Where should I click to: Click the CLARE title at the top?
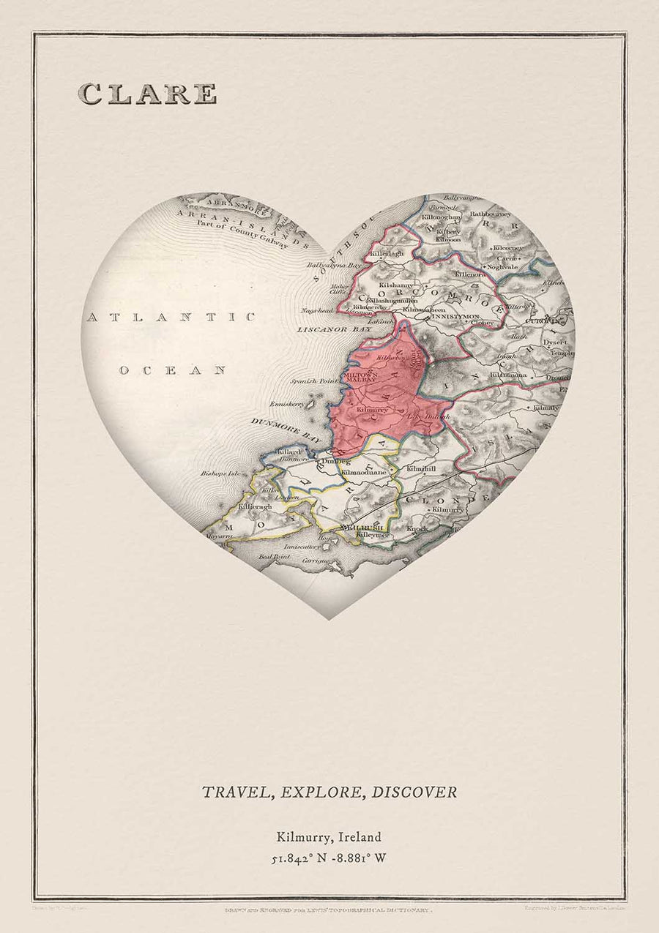pos(147,94)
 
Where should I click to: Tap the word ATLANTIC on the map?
pos(171,317)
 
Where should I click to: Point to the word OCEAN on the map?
pos(173,370)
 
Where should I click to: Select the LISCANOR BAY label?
pos(334,330)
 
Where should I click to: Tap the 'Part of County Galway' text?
pos(240,237)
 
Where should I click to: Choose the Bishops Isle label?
pos(220,473)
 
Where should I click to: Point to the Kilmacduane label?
pos(364,472)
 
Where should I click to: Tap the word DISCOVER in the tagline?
pos(414,792)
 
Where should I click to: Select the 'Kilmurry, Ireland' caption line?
pos(329,836)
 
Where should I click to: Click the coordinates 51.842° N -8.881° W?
pos(329,858)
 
